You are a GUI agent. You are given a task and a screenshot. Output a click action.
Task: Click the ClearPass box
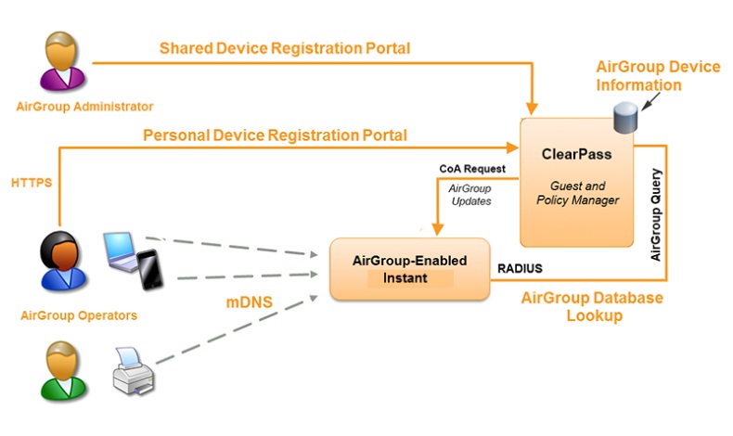click(x=577, y=182)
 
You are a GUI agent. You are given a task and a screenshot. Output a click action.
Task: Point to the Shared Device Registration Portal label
click(x=285, y=47)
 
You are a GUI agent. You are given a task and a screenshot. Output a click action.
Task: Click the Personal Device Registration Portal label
click(x=275, y=135)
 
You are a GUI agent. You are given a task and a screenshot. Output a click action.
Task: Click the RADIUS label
click(x=519, y=269)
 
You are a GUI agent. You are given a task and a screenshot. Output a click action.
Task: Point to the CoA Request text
click(x=472, y=169)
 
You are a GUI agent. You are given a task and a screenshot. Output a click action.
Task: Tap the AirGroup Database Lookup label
click(x=592, y=306)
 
